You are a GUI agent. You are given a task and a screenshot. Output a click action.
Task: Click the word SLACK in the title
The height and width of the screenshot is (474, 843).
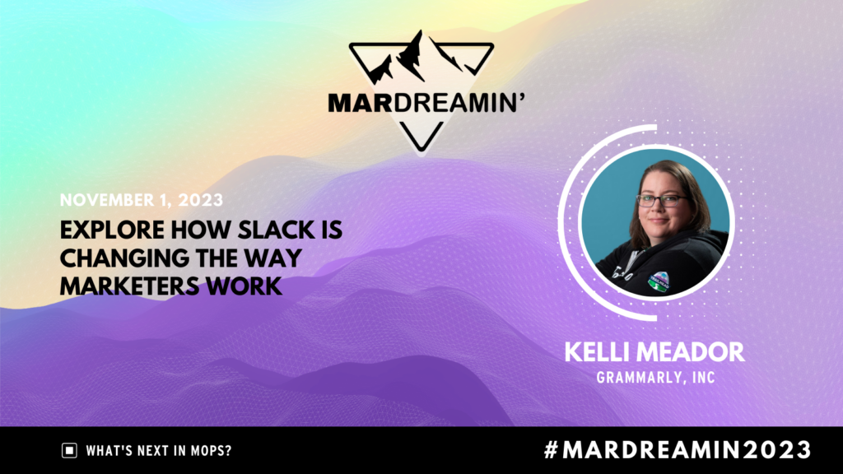276,230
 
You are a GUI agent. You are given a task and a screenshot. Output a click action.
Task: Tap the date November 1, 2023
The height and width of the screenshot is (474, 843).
142,200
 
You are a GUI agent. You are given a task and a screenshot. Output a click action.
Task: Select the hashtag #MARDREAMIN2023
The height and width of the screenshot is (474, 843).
678,449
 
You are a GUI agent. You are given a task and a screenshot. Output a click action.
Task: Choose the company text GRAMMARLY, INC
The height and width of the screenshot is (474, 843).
655,377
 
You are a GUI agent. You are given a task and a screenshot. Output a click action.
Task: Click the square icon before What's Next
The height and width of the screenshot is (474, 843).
69,450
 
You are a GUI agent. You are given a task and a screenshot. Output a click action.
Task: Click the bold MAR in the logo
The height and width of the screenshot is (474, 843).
360,103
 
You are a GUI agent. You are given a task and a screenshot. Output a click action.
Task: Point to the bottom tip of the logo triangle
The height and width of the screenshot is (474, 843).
421,151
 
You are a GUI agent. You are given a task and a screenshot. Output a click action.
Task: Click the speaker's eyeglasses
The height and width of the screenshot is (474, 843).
662,201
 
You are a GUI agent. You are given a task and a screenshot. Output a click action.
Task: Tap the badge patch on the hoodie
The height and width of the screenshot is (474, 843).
659,281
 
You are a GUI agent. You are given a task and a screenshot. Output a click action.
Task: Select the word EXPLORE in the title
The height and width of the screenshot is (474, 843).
112,230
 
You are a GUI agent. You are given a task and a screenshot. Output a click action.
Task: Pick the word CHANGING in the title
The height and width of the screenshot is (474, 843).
123,258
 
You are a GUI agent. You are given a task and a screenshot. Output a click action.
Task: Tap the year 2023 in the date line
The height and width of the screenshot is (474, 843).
201,200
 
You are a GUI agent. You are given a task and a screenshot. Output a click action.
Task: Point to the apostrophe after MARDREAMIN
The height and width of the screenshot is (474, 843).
521,97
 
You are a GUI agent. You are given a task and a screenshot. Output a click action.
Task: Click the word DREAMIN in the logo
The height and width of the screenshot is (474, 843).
454,103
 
